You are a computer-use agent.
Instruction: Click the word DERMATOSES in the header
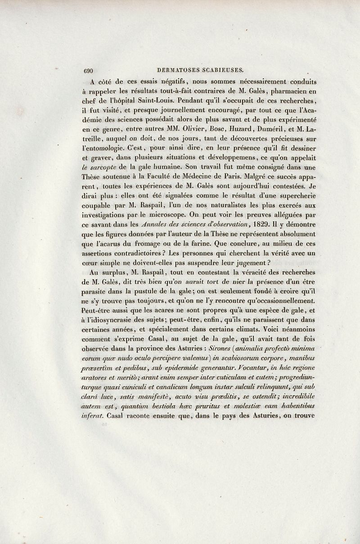click(177, 70)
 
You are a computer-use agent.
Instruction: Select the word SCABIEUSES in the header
click(221, 70)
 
